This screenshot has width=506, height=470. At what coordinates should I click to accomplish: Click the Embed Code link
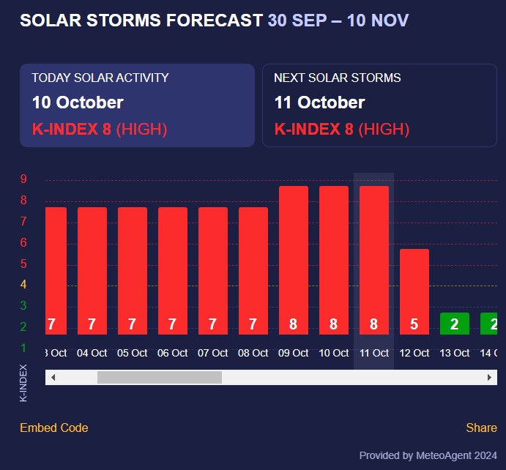(x=53, y=428)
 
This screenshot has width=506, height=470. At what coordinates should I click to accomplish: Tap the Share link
(x=481, y=428)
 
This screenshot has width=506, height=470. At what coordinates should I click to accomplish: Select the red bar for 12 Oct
(x=414, y=291)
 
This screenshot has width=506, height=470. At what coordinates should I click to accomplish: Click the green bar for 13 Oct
(x=454, y=324)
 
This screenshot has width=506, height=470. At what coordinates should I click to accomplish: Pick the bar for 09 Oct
(x=293, y=260)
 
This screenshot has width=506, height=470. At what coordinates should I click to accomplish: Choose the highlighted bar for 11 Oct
(x=373, y=260)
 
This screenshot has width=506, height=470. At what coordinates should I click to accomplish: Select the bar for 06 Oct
(x=172, y=271)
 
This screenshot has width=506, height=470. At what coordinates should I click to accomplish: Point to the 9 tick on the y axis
(x=23, y=179)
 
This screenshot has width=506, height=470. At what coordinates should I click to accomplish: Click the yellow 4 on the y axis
(x=23, y=285)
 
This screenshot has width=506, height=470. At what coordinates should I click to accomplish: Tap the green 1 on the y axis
(x=23, y=348)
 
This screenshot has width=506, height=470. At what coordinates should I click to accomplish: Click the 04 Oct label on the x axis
(x=92, y=353)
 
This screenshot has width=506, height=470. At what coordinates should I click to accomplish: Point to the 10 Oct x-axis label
(x=333, y=353)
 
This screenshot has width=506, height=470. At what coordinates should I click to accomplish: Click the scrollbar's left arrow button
(x=53, y=377)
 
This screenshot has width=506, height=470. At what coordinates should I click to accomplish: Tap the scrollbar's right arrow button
(x=490, y=377)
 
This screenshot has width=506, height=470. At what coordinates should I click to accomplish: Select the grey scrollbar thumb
(x=159, y=377)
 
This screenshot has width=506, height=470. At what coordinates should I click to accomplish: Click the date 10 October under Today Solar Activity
(x=78, y=102)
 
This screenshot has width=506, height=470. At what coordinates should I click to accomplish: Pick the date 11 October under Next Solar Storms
(x=319, y=102)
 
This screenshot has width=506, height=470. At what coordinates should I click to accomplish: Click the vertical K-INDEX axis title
(x=23, y=382)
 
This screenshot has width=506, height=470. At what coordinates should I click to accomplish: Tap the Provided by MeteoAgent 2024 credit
(x=428, y=455)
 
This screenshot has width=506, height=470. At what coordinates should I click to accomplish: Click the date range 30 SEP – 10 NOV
(x=338, y=20)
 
